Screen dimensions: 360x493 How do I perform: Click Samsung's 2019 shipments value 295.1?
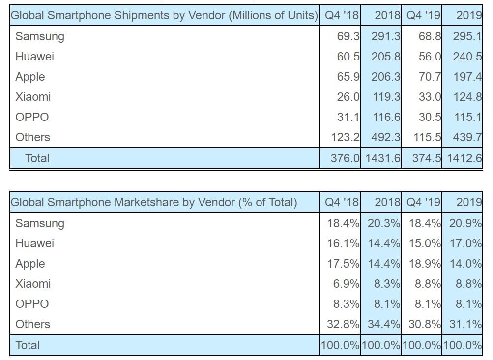click(x=467, y=37)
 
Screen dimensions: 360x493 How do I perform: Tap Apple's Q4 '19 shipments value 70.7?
click(x=430, y=77)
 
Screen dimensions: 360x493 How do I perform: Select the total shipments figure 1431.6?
click(x=381, y=158)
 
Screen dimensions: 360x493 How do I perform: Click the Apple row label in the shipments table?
click(x=30, y=77)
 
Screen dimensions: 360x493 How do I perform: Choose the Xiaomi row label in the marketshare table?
click(x=33, y=284)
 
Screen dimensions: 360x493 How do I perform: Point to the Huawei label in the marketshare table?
click(x=34, y=243)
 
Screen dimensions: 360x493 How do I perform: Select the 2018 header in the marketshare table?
click(x=387, y=202)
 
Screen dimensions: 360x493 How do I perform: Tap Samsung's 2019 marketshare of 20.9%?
click(x=465, y=223)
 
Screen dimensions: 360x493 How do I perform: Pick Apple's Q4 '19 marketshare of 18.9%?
click(x=425, y=264)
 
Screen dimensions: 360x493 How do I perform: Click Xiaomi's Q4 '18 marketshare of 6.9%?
click(x=346, y=284)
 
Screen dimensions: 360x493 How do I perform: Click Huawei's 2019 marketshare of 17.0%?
click(x=465, y=243)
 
